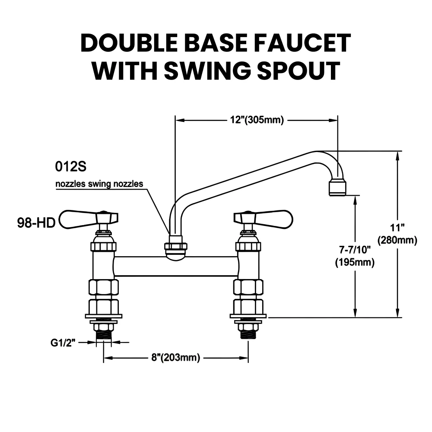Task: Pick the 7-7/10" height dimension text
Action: coord(355,250)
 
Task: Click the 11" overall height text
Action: coord(397,227)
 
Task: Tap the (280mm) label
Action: coord(397,240)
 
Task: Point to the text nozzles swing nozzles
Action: coord(99,184)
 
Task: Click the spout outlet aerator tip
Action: coord(338,187)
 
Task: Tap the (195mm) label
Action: coord(355,262)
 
